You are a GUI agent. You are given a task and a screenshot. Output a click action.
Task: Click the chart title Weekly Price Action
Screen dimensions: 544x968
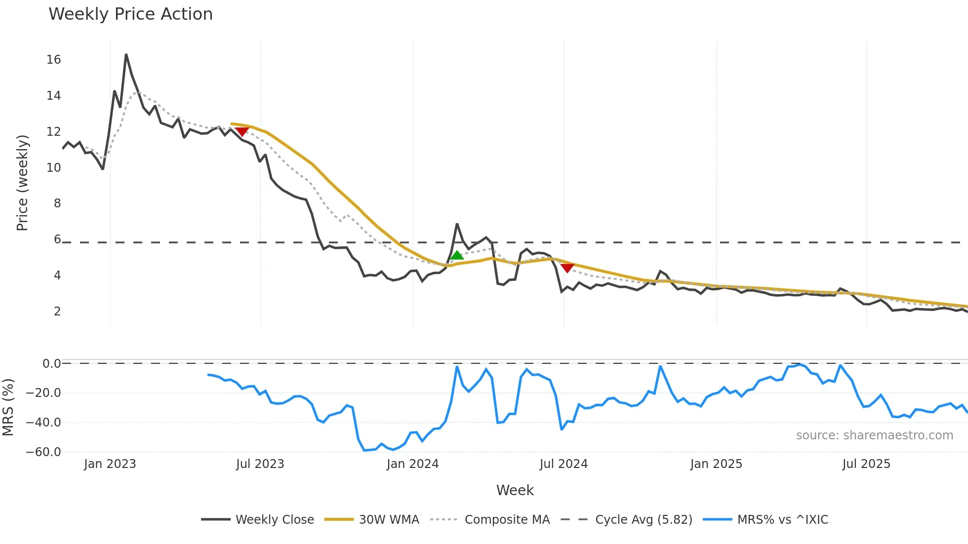pos(130,14)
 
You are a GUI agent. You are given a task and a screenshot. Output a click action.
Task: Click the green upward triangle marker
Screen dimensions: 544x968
pos(457,255)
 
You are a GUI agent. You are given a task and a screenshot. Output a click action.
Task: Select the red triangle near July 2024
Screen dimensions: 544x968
pos(567,268)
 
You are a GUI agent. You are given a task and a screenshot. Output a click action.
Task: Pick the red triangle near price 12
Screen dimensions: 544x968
pos(242,131)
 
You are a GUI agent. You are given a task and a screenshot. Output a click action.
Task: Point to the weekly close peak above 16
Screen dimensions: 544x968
pos(126,55)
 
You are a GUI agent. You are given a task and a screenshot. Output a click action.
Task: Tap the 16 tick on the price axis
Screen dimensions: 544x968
pos(53,60)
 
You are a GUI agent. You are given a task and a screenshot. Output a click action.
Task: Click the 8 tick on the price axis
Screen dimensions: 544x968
pos(57,203)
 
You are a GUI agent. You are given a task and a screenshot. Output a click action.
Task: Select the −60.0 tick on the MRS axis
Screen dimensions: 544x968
pos(43,452)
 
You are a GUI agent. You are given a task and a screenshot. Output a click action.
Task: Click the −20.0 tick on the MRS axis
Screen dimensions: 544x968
pos(43,393)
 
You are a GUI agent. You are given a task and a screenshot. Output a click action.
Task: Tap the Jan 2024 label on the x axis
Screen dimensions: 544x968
pos(412,464)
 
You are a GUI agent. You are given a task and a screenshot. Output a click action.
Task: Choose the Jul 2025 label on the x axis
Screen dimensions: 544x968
pos(866,464)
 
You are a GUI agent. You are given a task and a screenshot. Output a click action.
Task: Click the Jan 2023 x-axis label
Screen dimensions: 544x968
pos(110,464)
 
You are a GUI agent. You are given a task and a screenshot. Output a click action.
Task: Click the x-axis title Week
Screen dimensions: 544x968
pos(515,490)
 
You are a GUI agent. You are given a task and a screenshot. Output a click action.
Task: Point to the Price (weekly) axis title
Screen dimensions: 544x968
pos(22,183)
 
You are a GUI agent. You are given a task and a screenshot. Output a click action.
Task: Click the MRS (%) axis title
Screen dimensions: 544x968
pos(8,407)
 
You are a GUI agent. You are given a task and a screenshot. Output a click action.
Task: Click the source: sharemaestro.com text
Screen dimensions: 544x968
pos(874,435)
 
